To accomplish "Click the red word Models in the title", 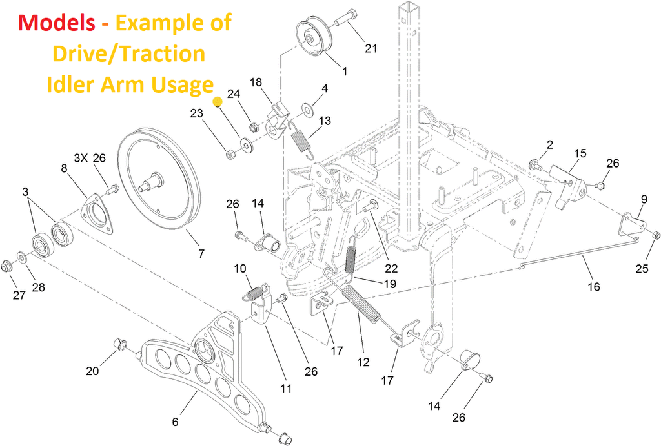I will [x=56, y=23].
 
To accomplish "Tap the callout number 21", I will [x=371, y=48].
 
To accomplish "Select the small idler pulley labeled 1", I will [x=314, y=37].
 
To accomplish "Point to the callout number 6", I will [x=175, y=422].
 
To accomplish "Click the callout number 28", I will [x=39, y=287].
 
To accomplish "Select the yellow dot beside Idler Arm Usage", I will [x=218, y=101].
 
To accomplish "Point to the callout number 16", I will [x=594, y=286].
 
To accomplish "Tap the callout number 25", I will [x=642, y=269].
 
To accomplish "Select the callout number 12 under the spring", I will [x=363, y=362].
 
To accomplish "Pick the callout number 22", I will [x=391, y=268].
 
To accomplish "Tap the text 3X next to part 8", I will [x=81, y=157].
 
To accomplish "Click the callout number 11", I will [x=286, y=389].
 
